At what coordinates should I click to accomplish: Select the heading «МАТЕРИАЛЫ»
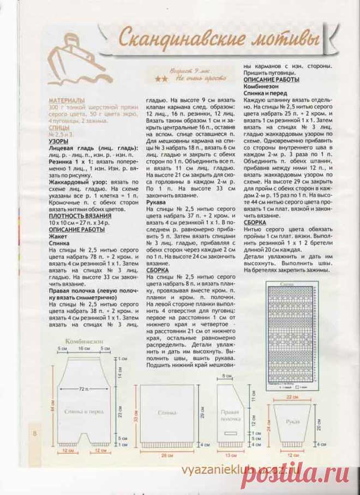[67, 101]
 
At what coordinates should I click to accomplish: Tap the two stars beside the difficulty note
[161, 79]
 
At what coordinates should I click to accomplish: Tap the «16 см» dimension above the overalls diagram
[83, 348]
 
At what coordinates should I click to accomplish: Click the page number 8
[34, 433]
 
